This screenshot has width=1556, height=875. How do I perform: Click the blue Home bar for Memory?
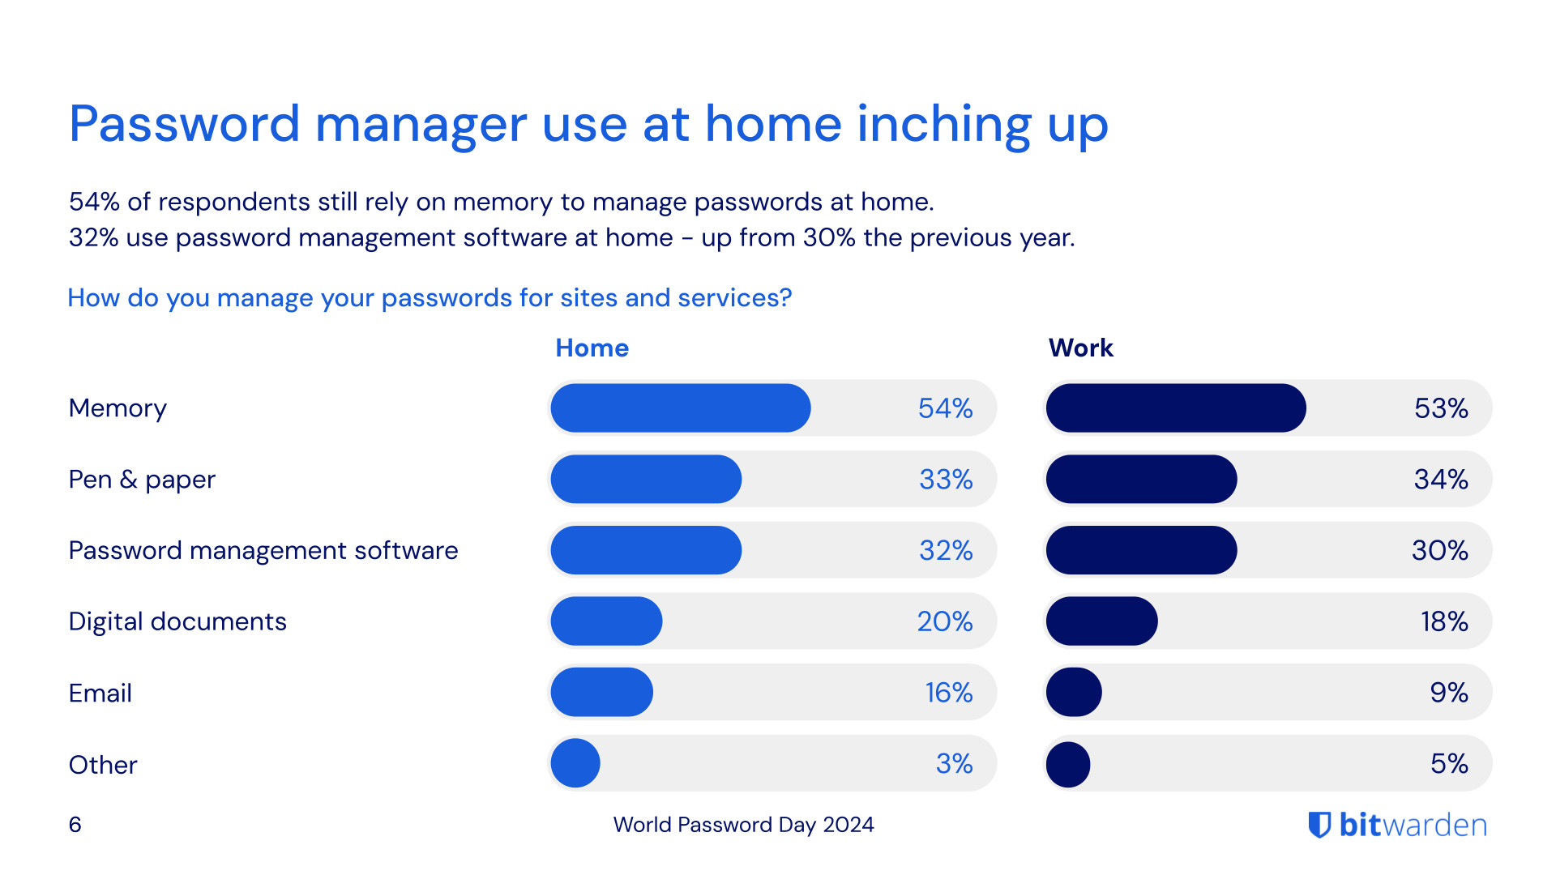[x=680, y=408]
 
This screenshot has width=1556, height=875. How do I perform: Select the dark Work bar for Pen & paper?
[x=1141, y=479]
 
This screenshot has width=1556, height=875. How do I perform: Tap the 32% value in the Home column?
[x=945, y=550]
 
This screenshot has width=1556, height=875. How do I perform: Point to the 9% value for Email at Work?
[x=1448, y=693]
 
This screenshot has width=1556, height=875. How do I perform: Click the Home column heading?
[x=592, y=348]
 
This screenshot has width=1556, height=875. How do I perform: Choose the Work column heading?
[x=1080, y=348]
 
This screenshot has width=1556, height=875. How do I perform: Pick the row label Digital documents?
[x=177, y=621]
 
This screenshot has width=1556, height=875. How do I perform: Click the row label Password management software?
[x=263, y=550]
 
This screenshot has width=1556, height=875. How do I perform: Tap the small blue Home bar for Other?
[x=575, y=763]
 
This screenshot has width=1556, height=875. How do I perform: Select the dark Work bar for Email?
[x=1074, y=693]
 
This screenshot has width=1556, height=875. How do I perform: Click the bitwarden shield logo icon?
[x=1319, y=825]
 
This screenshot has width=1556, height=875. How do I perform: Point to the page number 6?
[x=75, y=825]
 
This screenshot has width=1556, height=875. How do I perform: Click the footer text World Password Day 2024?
[x=743, y=825]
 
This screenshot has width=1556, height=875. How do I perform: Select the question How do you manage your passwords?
[x=430, y=298]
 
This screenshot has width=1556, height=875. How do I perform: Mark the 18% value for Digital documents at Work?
[x=1443, y=621]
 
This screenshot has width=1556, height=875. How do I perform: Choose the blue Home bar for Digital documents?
[x=606, y=621]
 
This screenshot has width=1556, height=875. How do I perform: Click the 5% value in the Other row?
[x=1448, y=763]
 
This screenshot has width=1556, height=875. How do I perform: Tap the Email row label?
[x=100, y=693]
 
